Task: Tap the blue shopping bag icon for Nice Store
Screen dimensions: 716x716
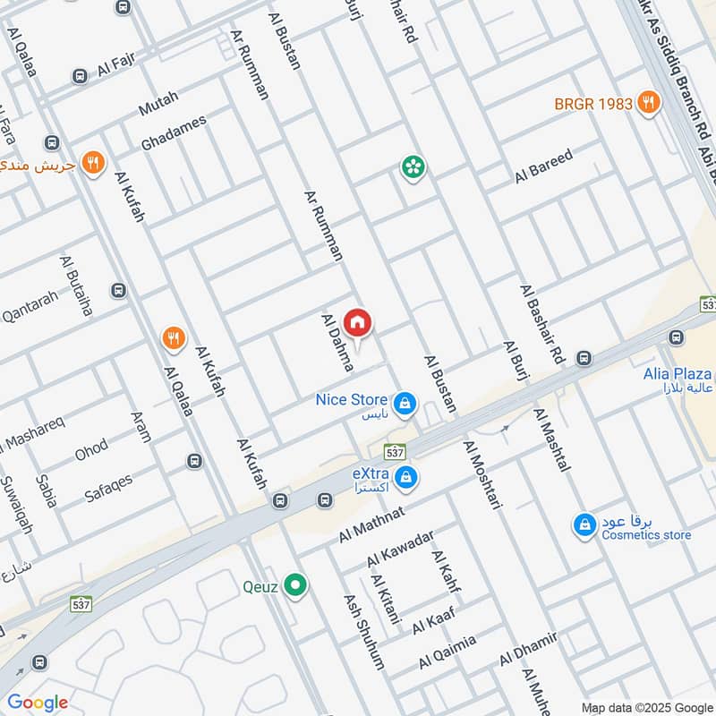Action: tap(405, 403)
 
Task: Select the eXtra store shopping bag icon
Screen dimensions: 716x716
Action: tap(406, 475)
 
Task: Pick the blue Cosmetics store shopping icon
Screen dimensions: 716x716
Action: tap(584, 524)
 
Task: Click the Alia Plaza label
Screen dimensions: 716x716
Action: tap(678, 374)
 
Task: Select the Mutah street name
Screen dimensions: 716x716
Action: tap(158, 104)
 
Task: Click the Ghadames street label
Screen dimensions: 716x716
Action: tap(174, 132)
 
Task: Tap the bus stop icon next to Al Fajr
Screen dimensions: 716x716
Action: tap(81, 76)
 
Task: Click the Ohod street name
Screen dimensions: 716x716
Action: tap(91, 449)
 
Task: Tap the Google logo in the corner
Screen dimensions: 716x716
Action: tap(38, 703)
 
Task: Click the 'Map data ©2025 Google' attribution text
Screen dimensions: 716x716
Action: tap(646, 706)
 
